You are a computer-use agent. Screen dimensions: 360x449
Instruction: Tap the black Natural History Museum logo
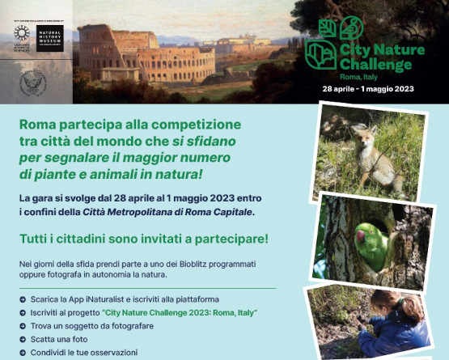tap(49, 37)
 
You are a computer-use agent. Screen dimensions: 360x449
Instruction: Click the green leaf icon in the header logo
tap(327, 28)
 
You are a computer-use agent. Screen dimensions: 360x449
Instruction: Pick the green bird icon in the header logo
tap(350, 27)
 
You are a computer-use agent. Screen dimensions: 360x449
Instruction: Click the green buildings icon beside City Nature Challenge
tap(320, 54)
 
